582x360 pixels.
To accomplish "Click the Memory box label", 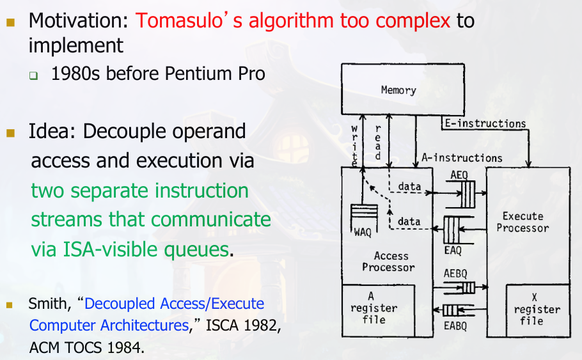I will (x=398, y=90).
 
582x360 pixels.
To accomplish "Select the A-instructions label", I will (x=462, y=157).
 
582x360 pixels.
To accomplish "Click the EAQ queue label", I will (x=453, y=251).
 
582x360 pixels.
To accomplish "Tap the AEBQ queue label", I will (x=455, y=274).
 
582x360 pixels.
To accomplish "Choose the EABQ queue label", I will (x=455, y=325).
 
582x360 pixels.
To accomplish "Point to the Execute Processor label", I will (x=523, y=222).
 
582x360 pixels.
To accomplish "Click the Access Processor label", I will (x=391, y=261).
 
